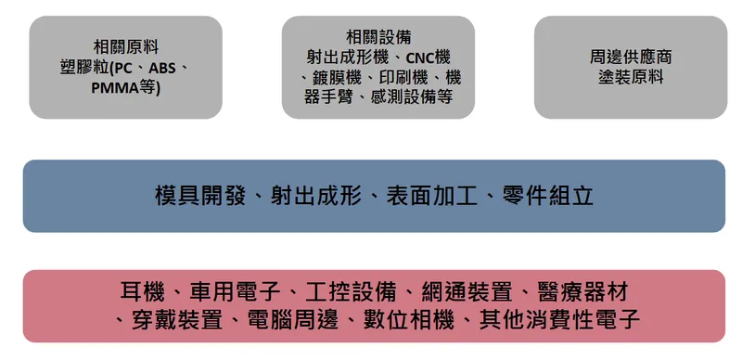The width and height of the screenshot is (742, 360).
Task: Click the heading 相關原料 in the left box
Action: (125, 45)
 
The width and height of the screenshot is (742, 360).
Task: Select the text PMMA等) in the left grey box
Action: (126, 88)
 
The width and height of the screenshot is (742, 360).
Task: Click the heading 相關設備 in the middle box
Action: (377, 36)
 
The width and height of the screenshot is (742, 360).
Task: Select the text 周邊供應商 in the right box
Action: (631, 57)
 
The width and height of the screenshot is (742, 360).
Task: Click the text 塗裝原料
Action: (631, 77)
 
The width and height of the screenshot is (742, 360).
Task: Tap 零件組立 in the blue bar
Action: (555, 196)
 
